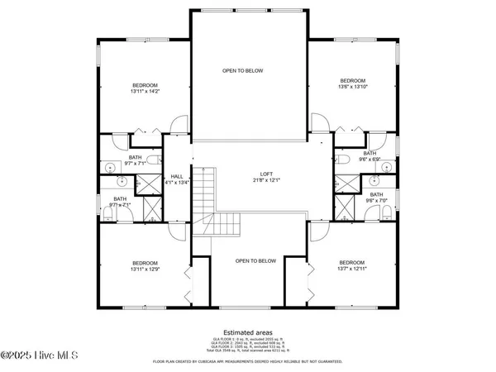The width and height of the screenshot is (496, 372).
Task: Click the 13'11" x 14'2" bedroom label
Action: (x=143, y=88)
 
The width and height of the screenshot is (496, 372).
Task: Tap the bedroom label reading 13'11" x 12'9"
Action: (x=143, y=265)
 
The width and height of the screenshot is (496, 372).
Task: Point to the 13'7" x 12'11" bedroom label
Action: (x=351, y=265)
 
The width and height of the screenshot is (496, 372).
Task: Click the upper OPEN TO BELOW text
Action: (x=243, y=71)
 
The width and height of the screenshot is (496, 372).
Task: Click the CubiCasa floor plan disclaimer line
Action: (x=247, y=362)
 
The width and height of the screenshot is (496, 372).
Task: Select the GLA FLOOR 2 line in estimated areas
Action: (x=247, y=345)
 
